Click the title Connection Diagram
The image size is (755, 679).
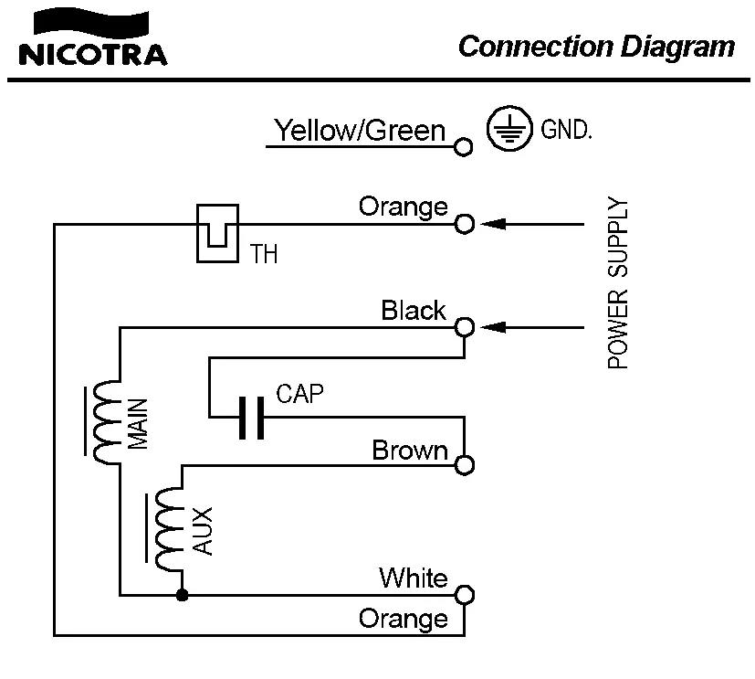coord(595,46)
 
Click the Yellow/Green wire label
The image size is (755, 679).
coord(360,131)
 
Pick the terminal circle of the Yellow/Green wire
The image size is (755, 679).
coord(464,145)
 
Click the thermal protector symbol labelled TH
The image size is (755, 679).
coord(217,232)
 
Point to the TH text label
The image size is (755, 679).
coord(264,255)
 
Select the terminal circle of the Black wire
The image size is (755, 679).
coord(464,326)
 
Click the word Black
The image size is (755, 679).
coord(414,311)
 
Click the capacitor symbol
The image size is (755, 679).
coord(250,418)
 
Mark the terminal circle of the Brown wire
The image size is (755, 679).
coord(464,465)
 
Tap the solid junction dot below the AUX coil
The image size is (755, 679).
coord(182,595)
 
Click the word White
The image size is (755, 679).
coord(414,578)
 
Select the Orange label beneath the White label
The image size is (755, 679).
coord(404,619)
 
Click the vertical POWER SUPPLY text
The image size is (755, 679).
coord(618,283)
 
